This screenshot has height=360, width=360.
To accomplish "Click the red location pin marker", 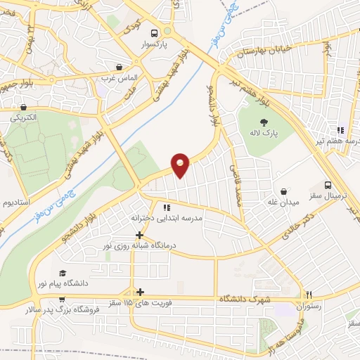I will (181, 165).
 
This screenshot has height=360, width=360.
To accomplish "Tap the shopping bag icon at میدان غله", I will (283, 191).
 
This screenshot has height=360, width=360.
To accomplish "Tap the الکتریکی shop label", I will (25, 119).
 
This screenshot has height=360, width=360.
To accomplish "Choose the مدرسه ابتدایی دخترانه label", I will (167, 218).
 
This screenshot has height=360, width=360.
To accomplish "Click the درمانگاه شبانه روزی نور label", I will (139, 247).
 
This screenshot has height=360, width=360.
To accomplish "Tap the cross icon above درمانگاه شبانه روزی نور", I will (139, 236).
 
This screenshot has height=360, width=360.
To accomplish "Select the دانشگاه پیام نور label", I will (64, 283).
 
